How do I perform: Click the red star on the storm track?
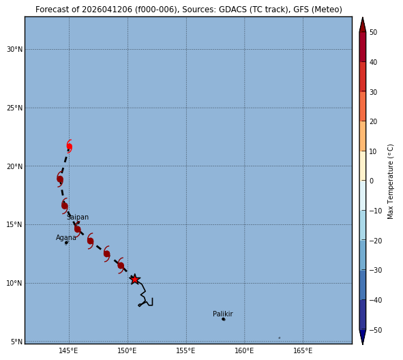(135, 279)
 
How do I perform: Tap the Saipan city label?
(78, 217)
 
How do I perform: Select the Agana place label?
(66, 238)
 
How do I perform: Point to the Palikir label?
(223, 314)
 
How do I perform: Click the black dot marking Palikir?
(224, 319)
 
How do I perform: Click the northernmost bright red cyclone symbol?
(69, 147)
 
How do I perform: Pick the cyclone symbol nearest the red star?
(121, 265)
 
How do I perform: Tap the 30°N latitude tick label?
(14, 49)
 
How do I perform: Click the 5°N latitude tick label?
(16, 342)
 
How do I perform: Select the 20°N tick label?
(14, 166)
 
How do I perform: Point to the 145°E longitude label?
(68, 350)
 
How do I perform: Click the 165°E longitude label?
(303, 350)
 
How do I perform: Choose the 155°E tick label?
(185, 350)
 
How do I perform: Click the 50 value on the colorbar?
(373, 32)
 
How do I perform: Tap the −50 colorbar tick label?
(376, 330)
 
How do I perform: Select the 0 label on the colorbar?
(372, 181)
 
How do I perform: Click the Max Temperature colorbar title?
(390, 181)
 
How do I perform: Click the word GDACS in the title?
(231, 10)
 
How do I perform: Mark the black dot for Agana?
(66, 243)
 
